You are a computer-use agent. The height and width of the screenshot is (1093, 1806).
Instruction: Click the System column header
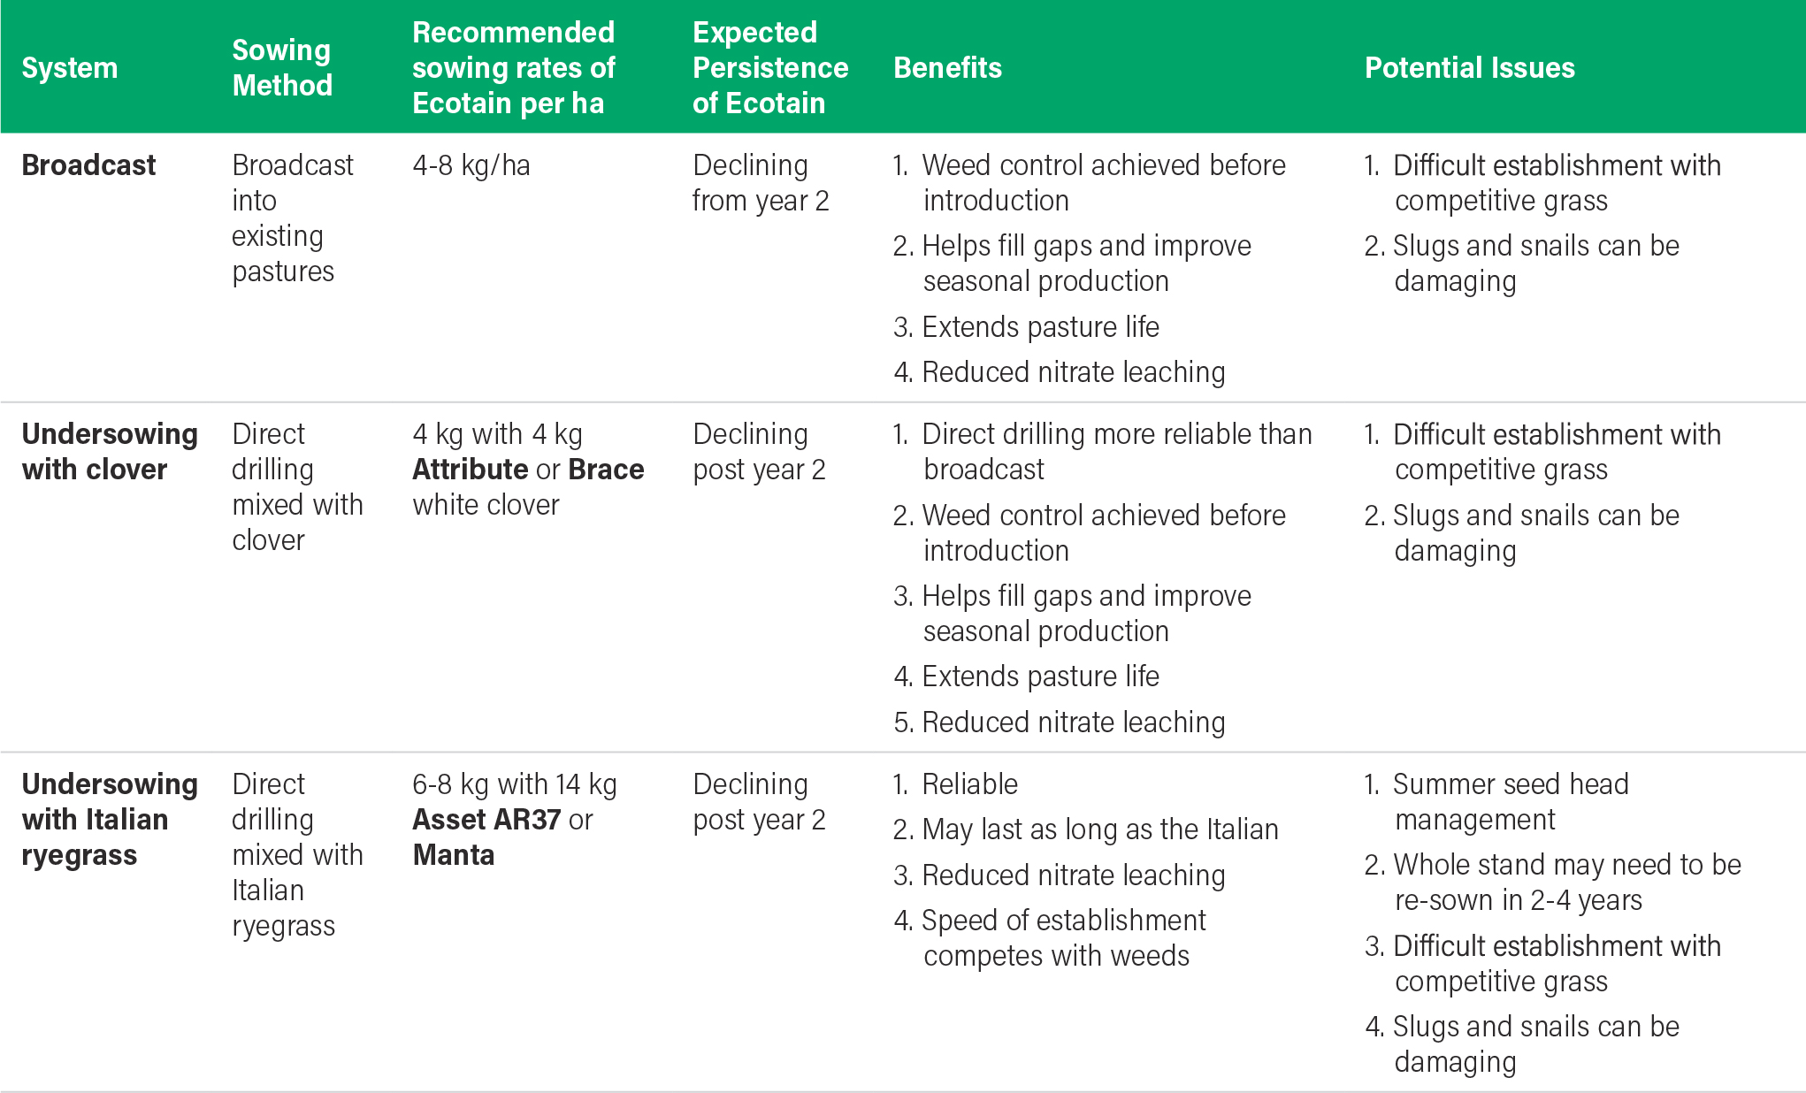pyautogui.click(x=69, y=68)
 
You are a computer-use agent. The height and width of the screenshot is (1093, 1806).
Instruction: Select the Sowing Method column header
pyautogui.click(x=282, y=68)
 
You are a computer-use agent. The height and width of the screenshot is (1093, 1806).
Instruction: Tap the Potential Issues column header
pyautogui.click(x=1469, y=68)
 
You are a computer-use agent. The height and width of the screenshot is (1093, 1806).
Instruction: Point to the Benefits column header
pyautogui.click(x=947, y=68)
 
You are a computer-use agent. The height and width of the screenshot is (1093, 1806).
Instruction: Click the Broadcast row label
pyautogui.click(x=88, y=165)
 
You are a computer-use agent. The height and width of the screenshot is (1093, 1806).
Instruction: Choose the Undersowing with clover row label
pyautogui.click(x=109, y=452)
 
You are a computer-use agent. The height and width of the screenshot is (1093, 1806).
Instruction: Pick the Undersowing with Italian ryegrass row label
pyautogui.click(x=109, y=820)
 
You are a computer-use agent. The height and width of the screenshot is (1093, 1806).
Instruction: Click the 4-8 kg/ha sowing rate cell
pyautogui.click(x=471, y=165)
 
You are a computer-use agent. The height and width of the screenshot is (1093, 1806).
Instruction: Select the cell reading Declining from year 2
pyautogui.click(x=761, y=183)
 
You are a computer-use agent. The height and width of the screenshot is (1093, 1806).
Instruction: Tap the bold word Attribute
pyautogui.click(x=470, y=470)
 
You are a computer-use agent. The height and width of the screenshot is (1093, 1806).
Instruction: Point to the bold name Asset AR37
pyautogui.click(x=486, y=820)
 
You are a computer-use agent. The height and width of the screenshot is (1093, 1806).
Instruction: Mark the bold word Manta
pyautogui.click(x=453, y=855)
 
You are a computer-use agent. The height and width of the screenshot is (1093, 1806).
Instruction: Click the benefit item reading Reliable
pyautogui.click(x=969, y=784)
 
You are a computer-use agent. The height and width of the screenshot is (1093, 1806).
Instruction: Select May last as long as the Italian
pyautogui.click(x=1099, y=829)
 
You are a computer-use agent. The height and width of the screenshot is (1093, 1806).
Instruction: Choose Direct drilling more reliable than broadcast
pyautogui.click(x=1116, y=452)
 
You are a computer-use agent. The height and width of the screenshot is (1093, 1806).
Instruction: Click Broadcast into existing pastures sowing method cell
pyautogui.click(x=292, y=218)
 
